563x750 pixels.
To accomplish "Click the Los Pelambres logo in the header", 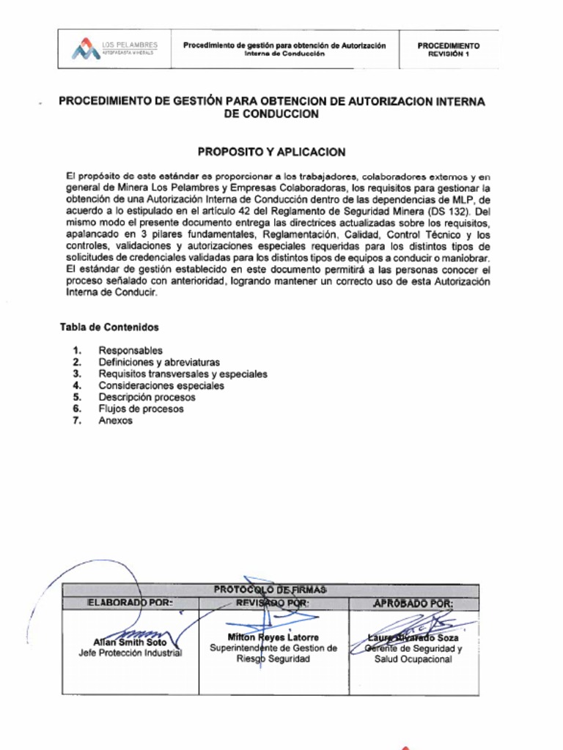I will point(114,49).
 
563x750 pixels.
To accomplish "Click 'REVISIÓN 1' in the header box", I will point(448,54).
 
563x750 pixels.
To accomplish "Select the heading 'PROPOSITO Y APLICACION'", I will point(271,152).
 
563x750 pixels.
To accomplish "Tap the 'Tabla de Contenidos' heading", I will point(109,327).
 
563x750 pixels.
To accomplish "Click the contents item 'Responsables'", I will point(130,351).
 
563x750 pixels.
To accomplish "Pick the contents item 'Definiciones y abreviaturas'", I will point(159,363).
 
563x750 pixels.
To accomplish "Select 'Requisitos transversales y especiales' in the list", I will point(183,374).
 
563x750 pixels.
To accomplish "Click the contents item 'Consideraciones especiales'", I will point(161,386).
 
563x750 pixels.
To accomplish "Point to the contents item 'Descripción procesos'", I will point(147,398).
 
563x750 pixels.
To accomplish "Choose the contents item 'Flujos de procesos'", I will point(141,409).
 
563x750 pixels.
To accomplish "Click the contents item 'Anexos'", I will point(116,421).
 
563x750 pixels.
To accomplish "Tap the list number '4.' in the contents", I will point(76,386).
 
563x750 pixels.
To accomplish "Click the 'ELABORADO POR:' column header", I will point(130,604).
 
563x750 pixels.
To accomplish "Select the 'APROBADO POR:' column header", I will point(413,604).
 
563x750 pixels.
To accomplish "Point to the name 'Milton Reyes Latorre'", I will point(273,637).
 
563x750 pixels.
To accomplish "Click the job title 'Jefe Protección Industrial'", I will point(130,653).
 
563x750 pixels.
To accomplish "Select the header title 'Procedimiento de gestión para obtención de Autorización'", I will point(284,45).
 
